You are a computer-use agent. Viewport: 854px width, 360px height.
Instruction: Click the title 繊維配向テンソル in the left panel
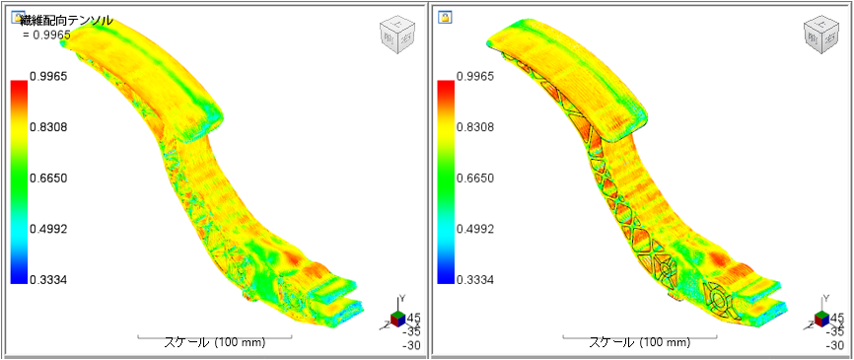coord(66,20)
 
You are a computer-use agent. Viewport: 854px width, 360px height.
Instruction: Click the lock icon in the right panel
coord(445,18)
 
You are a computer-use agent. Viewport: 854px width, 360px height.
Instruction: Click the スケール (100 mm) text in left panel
coord(213,343)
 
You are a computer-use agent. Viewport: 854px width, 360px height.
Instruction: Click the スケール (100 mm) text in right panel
coord(639,343)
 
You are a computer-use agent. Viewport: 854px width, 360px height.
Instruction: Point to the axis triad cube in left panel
coord(395,318)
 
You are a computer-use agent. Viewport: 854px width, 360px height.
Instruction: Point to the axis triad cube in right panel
coord(821,318)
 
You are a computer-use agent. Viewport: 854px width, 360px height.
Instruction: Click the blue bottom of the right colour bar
coord(445,275)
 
